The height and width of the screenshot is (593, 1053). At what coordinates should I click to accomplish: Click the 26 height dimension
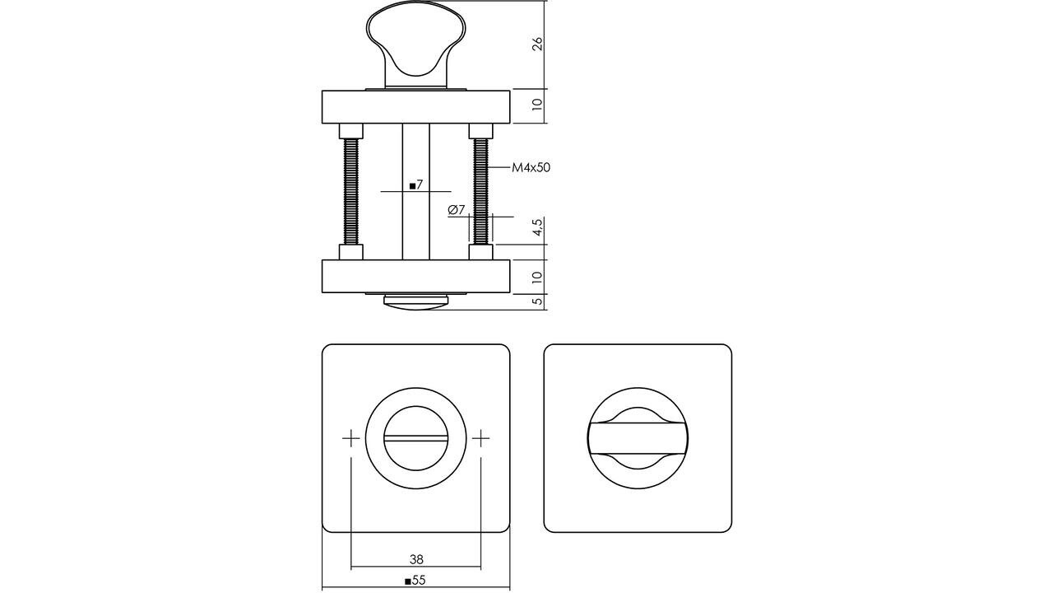pos(537,44)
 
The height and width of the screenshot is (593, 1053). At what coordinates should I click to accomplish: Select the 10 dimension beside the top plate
pos(537,105)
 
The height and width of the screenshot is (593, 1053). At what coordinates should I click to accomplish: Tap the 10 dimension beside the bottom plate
pos(537,277)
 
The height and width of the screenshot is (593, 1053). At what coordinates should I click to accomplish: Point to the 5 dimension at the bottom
pos(537,301)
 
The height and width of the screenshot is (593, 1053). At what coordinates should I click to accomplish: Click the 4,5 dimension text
pos(537,228)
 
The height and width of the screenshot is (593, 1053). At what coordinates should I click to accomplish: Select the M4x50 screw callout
pos(531,167)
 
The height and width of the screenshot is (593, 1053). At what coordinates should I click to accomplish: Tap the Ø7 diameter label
pos(457,210)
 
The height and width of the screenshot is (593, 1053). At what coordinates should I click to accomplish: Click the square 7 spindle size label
pos(415,185)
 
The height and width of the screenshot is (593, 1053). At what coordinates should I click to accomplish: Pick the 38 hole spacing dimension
pos(415,559)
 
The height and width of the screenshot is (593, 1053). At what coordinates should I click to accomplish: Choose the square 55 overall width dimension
pos(415,581)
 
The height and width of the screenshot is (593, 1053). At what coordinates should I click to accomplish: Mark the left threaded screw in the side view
pos(351,191)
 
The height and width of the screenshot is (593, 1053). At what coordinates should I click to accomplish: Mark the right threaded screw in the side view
pos(480,191)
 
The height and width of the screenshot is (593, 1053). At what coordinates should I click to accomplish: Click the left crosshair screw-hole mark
pos(351,438)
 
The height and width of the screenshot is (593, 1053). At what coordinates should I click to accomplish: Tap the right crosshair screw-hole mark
pos(480,438)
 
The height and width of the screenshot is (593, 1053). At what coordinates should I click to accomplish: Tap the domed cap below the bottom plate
pos(415,302)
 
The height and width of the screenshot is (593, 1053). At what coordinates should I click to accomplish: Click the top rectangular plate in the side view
pos(415,106)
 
